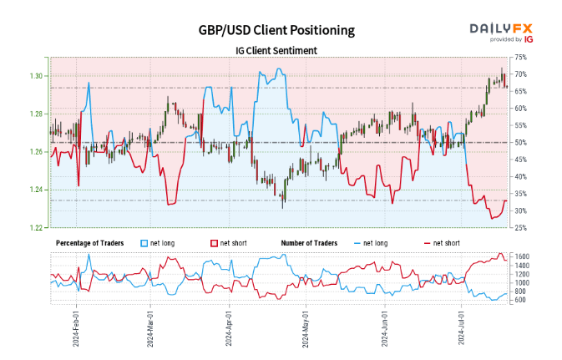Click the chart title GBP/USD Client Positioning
tap(276, 30)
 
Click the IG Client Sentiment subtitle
tap(276, 50)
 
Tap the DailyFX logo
tap(500, 31)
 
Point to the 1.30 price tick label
tap(36, 76)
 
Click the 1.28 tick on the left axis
tap(36, 114)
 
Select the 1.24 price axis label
tap(36, 190)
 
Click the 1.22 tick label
tap(36, 227)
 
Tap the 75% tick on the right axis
tap(521, 57)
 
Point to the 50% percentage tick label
tap(521, 142)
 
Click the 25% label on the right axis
tap(521, 227)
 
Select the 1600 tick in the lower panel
tap(523, 256)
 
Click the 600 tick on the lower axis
tap(521, 300)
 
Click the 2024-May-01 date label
tap(304, 329)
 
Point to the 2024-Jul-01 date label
tap(460, 329)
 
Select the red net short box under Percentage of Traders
tap(214, 243)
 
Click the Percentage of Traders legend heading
tap(89, 243)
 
